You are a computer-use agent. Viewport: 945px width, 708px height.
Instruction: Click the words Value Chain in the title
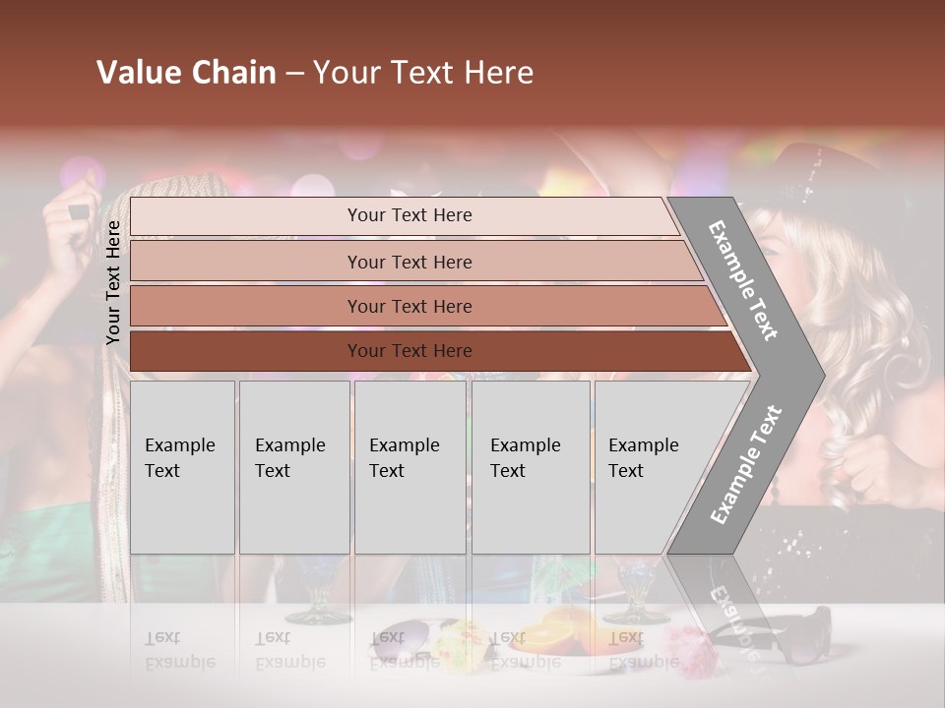(x=186, y=73)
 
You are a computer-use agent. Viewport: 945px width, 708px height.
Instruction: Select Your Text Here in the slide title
(x=423, y=73)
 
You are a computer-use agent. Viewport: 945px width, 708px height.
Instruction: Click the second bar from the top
(x=409, y=262)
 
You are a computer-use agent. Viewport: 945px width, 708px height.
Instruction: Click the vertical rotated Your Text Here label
(x=114, y=282)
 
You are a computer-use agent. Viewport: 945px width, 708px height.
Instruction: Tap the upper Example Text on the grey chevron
(x=742, y=280)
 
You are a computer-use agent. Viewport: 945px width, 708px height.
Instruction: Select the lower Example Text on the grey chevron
(x=746, y=464)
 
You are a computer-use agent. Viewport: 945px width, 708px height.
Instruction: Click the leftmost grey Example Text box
(x=182, y=467)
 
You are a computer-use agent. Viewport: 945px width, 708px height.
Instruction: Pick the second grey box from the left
(x=293, y=467)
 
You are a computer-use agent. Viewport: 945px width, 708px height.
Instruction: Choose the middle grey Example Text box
(x=409, y=467)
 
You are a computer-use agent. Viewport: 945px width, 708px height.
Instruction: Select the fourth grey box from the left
(x=530, y=467)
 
